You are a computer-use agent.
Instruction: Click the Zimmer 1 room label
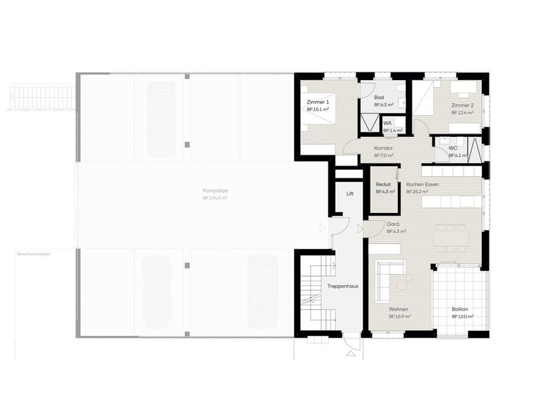click(317, 102)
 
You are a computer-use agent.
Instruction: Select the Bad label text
click(379, 97)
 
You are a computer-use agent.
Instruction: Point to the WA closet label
click(388, 123)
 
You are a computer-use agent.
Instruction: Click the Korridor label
click(383, 148)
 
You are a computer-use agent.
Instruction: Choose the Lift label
click(350, 193)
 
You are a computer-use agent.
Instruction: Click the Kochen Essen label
click(422, 185)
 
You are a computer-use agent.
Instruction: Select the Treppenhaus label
click(343, 286)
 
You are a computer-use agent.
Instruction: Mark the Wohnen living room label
click(398, 309)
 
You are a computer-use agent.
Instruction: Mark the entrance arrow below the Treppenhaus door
click(351, 354)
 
